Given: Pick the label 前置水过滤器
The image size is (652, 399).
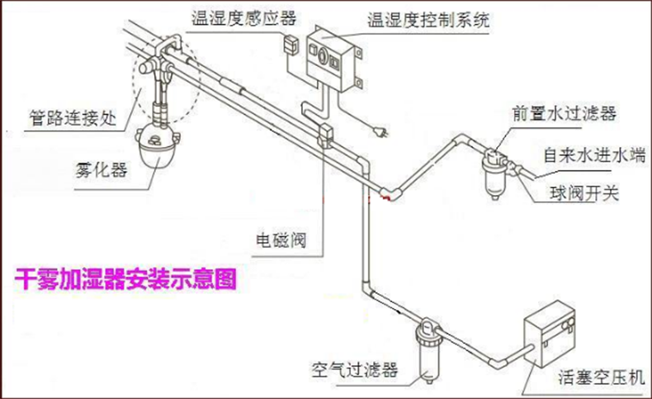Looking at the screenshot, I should pos(563,113).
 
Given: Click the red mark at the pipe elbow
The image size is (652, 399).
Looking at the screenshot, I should pos(385,199).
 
